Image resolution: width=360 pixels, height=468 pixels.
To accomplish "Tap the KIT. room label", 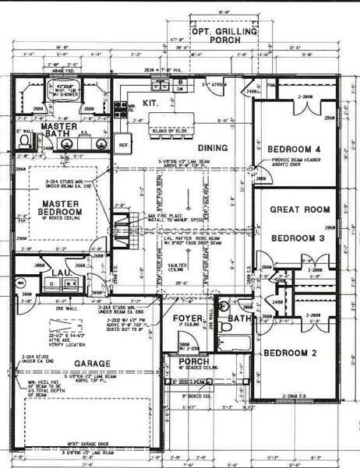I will (x=151, y=102).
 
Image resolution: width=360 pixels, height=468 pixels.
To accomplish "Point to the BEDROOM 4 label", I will (x=294, y=150).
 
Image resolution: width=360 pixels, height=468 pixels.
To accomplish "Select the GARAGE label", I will (x=92, y=364).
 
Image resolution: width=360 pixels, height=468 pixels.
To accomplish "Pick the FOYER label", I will (x=188, y=318).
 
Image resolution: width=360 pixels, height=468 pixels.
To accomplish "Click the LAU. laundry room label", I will (x=62, y=273).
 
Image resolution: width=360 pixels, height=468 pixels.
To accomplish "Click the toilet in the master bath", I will (x=23, y=142).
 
